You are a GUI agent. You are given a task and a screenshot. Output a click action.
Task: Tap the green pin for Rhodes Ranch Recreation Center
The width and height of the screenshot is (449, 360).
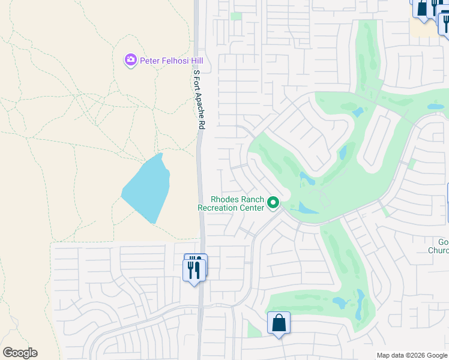point(273,203)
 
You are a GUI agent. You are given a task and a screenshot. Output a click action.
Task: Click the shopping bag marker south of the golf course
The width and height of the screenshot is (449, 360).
point(279,323)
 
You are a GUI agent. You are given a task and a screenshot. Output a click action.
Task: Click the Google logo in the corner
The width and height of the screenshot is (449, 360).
point(20,353)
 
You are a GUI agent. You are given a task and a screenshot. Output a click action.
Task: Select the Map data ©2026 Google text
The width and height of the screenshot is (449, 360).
point(412,355)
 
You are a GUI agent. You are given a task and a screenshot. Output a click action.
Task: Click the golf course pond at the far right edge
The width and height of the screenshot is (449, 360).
point(435,106)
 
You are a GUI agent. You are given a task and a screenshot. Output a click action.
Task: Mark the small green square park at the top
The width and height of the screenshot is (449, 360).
point(236,16)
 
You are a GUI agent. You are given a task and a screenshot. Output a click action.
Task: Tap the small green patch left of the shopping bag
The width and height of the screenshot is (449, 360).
point(254,328)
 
